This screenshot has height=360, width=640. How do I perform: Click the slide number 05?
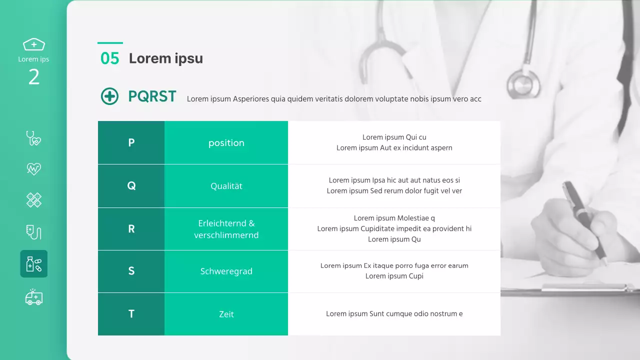tap(110, 58)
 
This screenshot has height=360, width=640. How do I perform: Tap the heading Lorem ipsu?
tap(166, 58)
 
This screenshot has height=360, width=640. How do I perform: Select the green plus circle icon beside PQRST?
tap(110, 96)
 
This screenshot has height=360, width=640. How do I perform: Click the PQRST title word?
tap(152, 96)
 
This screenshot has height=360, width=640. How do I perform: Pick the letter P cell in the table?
tap(131, 142)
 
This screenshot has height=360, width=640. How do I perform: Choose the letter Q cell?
tap(131, 185)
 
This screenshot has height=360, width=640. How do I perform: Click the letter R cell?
tap(131, 228)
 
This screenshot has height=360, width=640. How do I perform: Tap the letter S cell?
tap(131, 271)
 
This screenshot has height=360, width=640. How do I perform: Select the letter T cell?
tap(131, 314)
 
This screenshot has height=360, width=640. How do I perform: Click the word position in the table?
tap(226, 143)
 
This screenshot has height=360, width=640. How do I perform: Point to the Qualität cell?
tap(226, 186)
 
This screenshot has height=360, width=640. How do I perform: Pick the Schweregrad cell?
tap(226, 271)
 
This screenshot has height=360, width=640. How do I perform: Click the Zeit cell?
tap(226, 314)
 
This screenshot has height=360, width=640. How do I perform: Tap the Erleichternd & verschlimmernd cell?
tap(226, 229)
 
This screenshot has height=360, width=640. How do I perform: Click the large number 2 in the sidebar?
tap(33, 77)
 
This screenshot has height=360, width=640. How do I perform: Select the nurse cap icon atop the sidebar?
tap(33, 44)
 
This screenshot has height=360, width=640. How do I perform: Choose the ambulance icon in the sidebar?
tap(33, 297)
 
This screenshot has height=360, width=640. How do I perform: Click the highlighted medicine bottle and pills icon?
tap(33, 264)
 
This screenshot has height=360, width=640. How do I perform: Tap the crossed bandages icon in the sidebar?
tap(33, 200)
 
